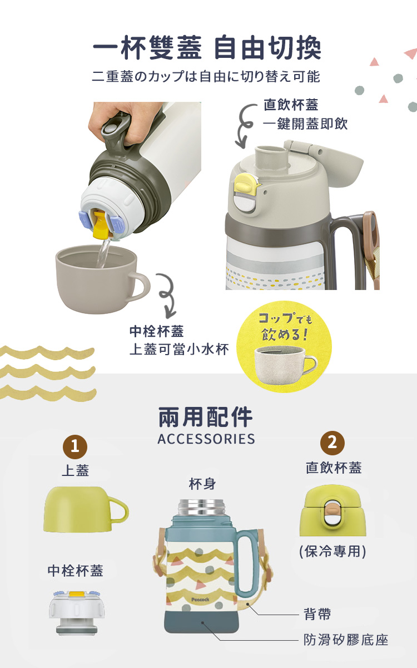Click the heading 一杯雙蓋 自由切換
(x=207, y=48)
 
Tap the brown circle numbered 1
(x=75, y=446)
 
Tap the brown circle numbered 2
(x=332, y=443)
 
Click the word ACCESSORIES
(x=206, y=439)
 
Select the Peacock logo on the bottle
(x=200, y=600)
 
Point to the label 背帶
(x=317, y=614)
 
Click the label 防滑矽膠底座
(x=346, y=640)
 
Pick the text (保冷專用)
(x=332, y=552)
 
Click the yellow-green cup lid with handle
(x=86, y=509)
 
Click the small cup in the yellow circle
(x=285, y=365)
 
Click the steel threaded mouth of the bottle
(x=201, y=508)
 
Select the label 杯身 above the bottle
(x=202, y=484)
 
